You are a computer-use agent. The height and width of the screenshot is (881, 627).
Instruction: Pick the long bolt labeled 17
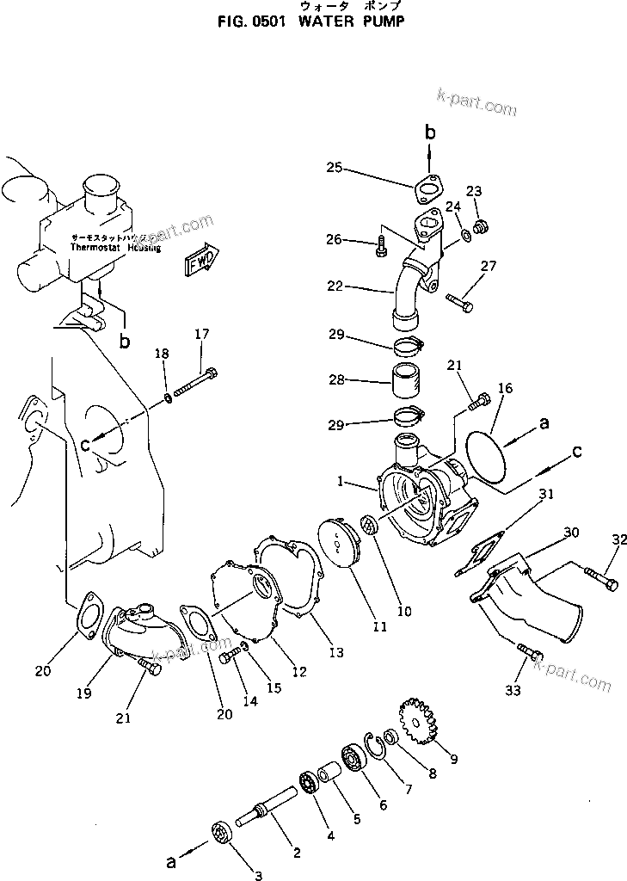point(196,382)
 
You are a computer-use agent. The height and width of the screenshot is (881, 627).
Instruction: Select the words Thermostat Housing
point(110,245)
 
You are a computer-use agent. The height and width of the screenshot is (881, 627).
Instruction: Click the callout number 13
point(335,653)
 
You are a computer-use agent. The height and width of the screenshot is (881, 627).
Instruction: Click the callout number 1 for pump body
point(341,484)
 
